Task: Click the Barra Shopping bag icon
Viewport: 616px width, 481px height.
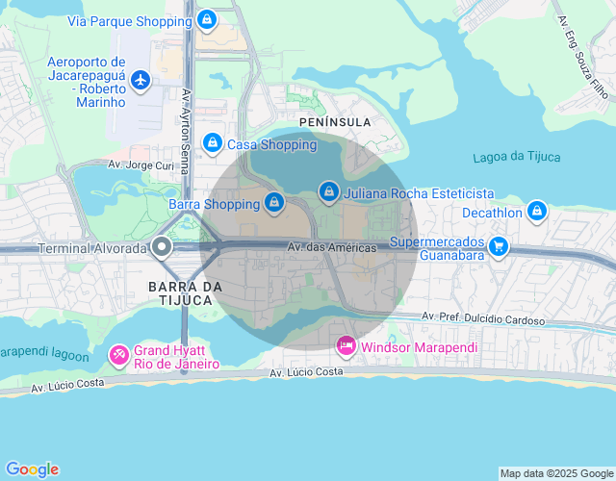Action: [x=275, y=203]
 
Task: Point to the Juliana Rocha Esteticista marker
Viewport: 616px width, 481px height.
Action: [x=330, y=192]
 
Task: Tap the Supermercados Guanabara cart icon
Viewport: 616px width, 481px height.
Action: [x=498, y=246]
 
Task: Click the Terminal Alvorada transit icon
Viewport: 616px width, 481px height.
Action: [x=162, y=247]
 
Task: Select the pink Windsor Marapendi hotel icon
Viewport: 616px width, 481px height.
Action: [x=346, y=344]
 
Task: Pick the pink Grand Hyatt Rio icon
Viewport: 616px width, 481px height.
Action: [x=118, y=356]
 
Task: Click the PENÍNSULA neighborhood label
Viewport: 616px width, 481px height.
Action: [x=334, y=122]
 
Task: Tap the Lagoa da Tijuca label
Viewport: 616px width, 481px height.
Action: [x=517, y=157]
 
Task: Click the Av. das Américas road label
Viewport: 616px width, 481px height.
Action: [x=333, y=248]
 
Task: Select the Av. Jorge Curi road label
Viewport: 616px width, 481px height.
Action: [x=141, y=165]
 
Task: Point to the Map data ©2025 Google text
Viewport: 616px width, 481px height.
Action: [x=556, y=473]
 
